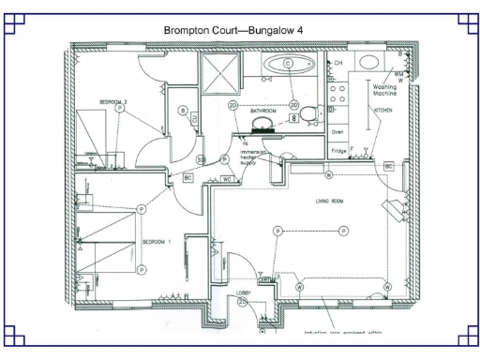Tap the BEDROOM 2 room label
(113, 100)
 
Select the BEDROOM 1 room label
(157, 241)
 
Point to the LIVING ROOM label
(330, 200)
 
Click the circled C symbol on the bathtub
(288, 62)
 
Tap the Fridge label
(340, 151)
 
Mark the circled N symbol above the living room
(329, 175)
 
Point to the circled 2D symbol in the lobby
(242, 302)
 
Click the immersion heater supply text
(254, 156)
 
